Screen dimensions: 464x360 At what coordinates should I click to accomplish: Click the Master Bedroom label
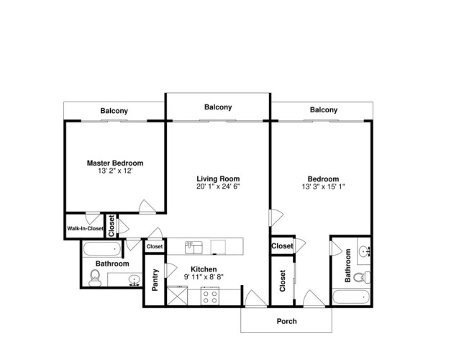coord(115,163)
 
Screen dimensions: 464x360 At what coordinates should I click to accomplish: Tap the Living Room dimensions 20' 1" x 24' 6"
coord(218,186)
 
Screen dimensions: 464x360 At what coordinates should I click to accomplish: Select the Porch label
coord(286,321)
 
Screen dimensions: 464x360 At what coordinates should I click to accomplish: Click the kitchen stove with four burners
coord(210,296)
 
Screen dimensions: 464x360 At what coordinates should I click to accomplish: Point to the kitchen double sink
coord(194,248)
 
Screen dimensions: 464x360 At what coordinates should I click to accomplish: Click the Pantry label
coord(155,280)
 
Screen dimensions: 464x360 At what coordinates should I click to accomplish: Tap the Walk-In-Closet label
coord(85,228)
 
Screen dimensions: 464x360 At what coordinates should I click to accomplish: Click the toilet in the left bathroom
coord(95,278)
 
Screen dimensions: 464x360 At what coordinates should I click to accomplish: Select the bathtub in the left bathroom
coord(102,249)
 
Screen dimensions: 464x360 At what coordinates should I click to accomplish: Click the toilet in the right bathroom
coord(362,277)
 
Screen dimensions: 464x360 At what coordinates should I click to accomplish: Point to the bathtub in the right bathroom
coord(350,297)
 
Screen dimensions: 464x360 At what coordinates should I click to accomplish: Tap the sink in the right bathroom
coord(364,252)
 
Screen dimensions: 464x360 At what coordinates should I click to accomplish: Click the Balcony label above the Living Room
coord(218,107)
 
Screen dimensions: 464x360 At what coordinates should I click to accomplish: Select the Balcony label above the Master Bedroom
coord(114,111)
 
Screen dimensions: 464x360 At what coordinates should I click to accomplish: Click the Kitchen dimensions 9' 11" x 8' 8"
coord(204,277)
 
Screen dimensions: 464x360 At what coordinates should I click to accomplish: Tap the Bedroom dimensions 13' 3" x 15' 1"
coord(324,186)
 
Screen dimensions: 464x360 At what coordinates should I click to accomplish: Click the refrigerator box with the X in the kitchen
coord(177,296)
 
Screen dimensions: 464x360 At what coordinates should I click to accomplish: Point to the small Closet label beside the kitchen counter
coord(155,247)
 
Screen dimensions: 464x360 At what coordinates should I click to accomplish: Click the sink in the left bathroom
coord(135,280)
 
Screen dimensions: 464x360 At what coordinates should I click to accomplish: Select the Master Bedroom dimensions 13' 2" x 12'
coord(115,171)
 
